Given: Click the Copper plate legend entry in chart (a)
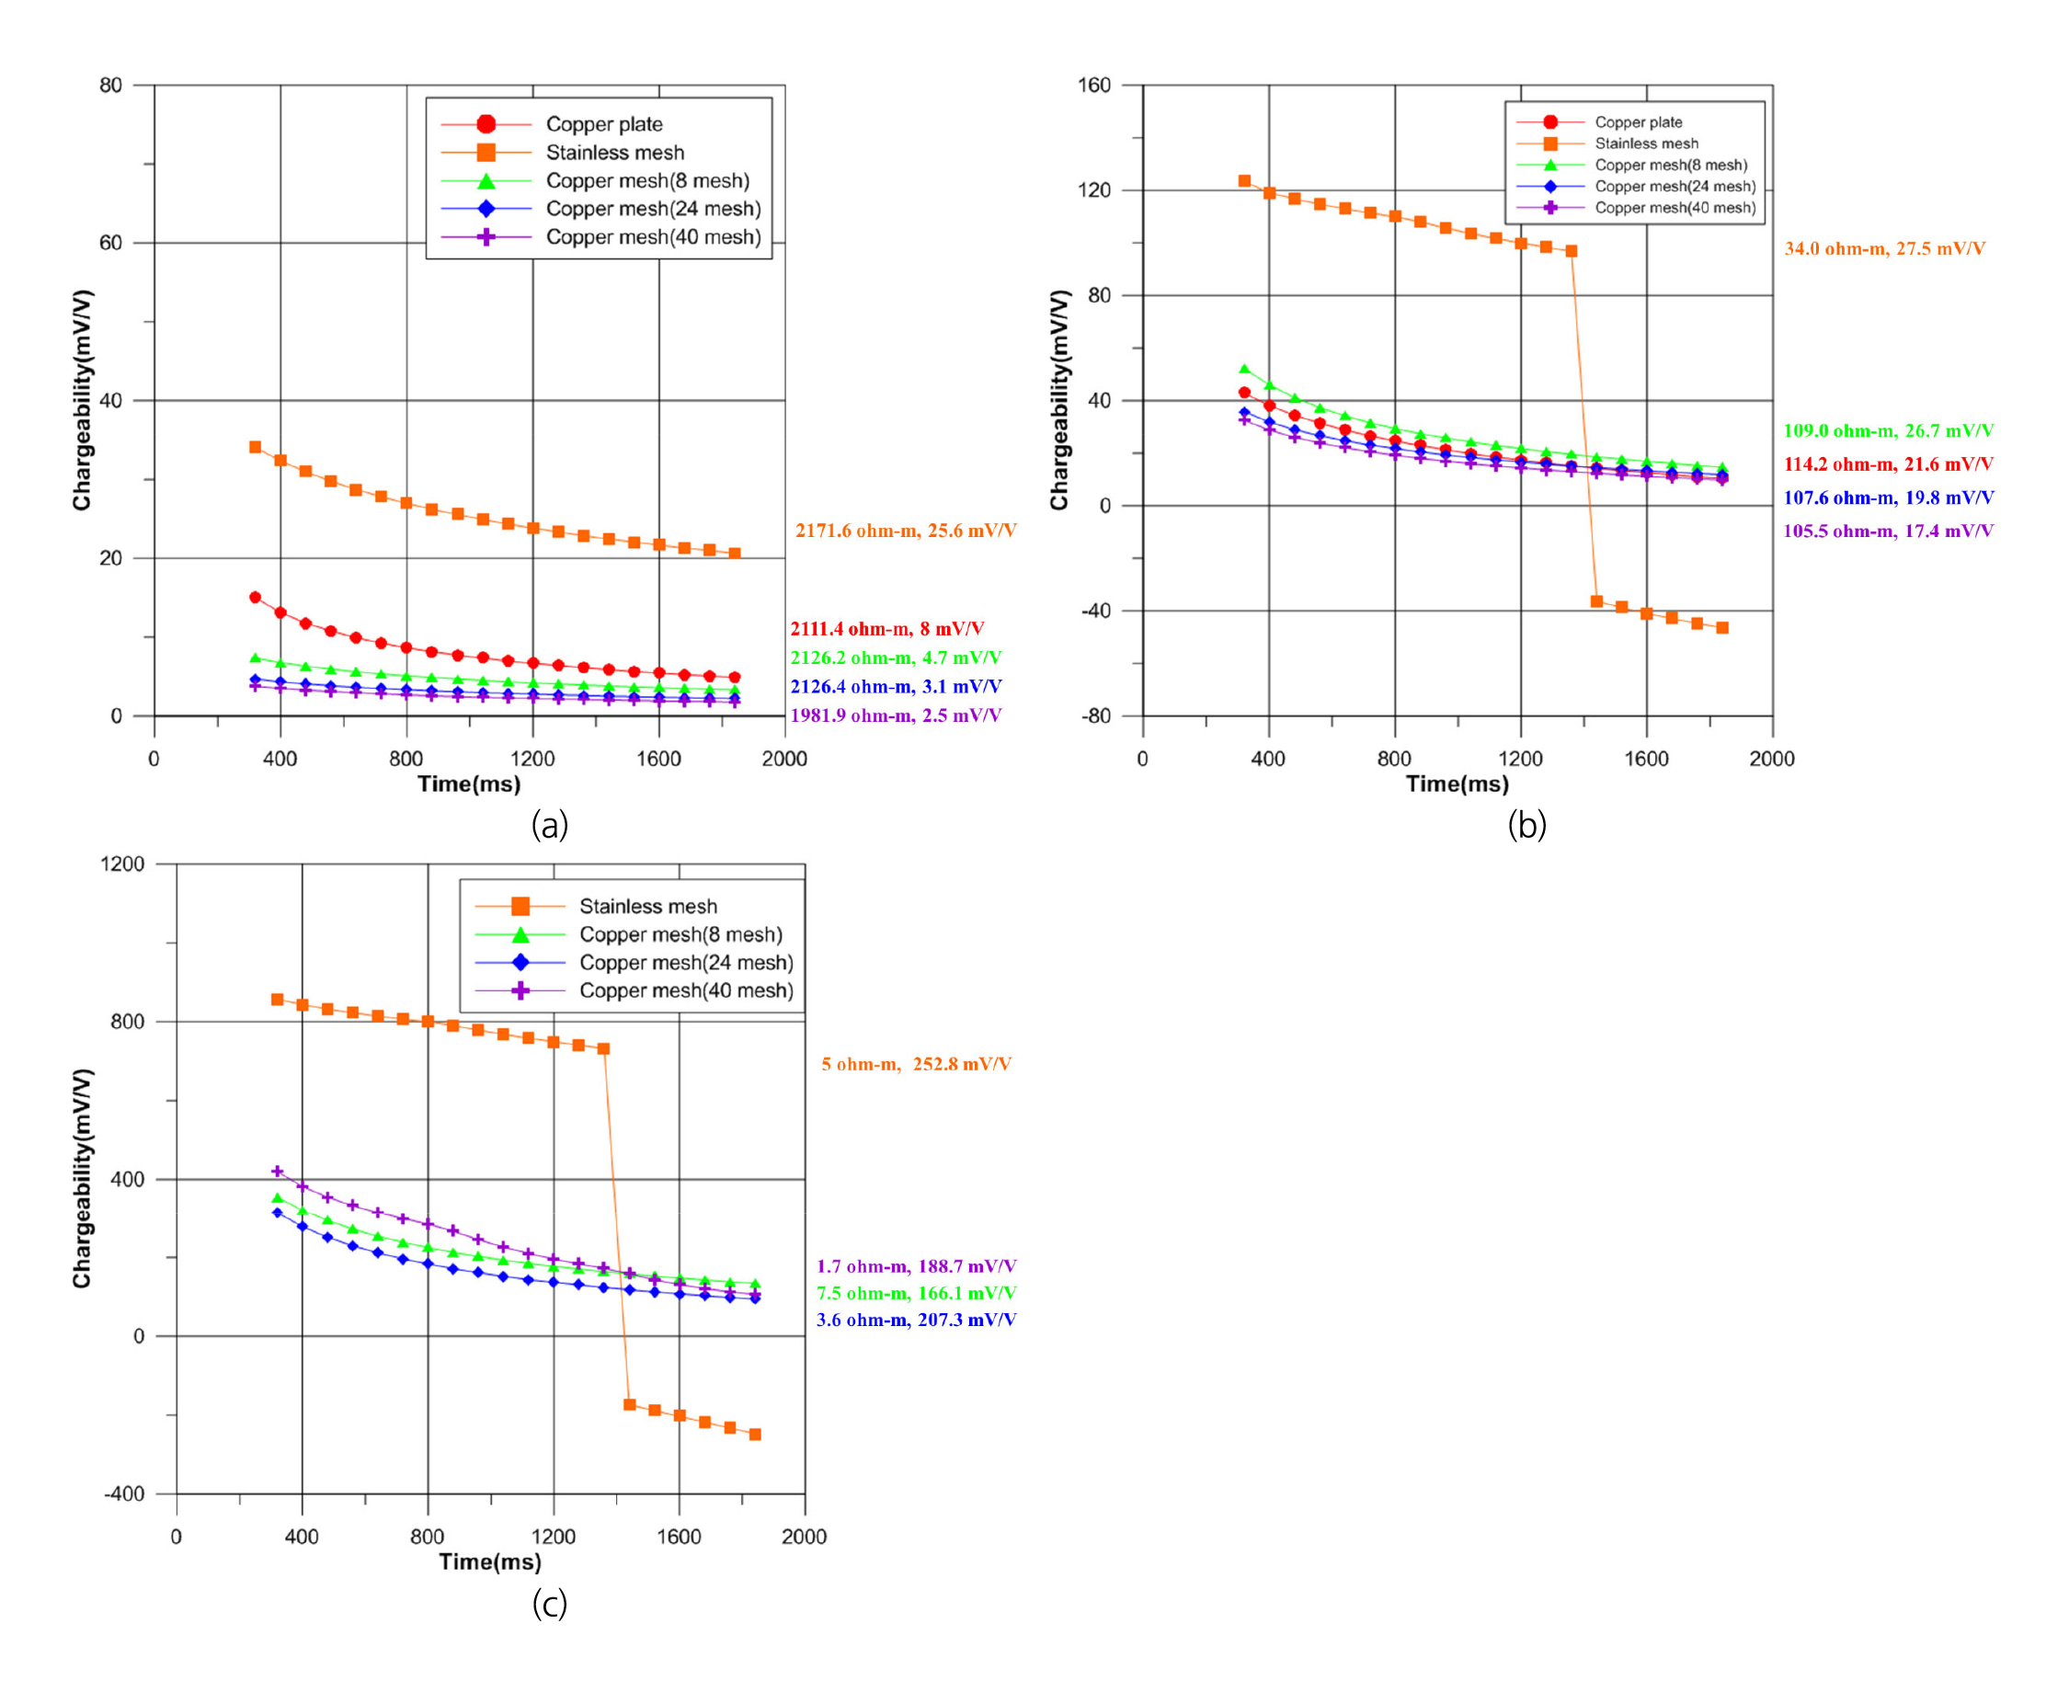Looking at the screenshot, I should [603, 124].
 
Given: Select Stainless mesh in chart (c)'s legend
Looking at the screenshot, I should [647, 907].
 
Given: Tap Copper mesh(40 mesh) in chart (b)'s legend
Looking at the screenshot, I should [1674, 208].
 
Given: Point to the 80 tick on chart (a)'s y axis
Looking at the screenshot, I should [111, 86].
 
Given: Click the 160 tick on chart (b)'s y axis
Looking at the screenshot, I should [1094, 86].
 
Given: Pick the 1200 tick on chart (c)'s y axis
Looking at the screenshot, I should [123, 863].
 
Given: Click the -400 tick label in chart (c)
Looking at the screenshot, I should [125, 1494].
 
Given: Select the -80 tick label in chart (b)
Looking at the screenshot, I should [1096, 716].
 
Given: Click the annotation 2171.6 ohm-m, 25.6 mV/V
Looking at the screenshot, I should [905, 531].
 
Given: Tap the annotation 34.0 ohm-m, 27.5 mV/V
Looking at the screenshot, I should [1884, 249].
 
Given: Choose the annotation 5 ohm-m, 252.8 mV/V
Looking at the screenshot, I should [916, 1064].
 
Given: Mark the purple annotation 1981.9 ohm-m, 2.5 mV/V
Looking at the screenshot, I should [896, 715].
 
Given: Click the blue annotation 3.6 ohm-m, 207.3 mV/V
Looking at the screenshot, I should [916, 1320].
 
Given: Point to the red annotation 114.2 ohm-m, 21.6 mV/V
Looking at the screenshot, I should [1888, 464].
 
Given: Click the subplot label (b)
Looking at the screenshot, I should [1526, 825].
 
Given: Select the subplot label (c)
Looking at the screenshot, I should [549, 1604].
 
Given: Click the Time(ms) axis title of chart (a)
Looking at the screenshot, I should [469, 784].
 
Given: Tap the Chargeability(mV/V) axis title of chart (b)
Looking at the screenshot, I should [1059, 400].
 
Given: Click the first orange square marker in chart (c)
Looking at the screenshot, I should [277, 1000].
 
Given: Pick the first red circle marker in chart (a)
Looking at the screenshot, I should [256, 598].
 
